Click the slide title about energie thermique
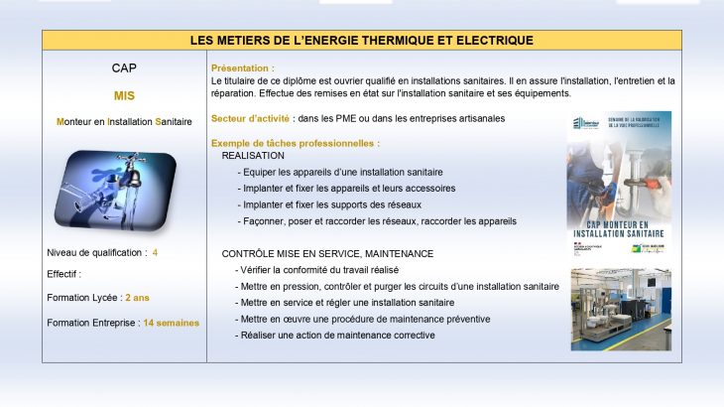(x=362, y=40)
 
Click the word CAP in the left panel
(x=124, y=68)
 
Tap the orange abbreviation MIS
(x=124, y=96)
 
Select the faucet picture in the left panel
(x=115, y=190)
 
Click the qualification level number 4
(x=155, y=252)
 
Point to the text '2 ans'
(x=137, y=297)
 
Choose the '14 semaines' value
(x=171, y=323)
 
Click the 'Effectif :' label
(x=64, y=274)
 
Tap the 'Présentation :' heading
(x=243, y=68)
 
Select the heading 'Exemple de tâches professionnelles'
(x=295, y=143)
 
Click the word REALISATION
(x=253, y=156)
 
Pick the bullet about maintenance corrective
(x=337, y=335)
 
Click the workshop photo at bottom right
(x=620, y=309)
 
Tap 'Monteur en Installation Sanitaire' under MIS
(x=124, y=121)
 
